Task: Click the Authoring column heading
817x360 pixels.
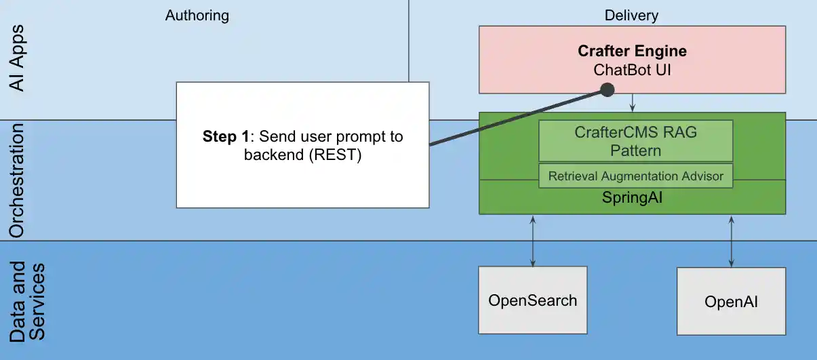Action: (197, 16)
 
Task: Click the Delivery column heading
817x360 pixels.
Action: (631, 16)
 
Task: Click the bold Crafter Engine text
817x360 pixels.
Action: (632, 51)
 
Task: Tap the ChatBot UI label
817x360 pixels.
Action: (632, 69)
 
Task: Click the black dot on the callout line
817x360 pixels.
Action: (607, 89)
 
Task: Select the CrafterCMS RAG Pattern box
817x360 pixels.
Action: (635, 140)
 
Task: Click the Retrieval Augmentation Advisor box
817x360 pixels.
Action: (635, 176)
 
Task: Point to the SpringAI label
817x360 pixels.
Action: (632, 197)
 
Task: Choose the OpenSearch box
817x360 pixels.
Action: (532, 300)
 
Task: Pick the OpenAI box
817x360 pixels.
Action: (731, 302)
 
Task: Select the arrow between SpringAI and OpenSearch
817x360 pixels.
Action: (534, 241)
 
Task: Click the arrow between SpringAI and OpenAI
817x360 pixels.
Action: (731, 241)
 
